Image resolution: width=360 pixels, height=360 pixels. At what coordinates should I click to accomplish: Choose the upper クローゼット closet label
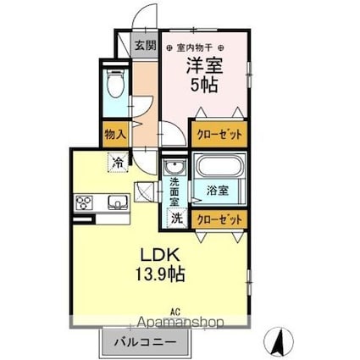pos(219,134)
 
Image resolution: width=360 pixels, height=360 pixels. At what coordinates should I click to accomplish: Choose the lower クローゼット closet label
pos(219,217)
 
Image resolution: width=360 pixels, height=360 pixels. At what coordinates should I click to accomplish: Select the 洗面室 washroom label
pos(174,191)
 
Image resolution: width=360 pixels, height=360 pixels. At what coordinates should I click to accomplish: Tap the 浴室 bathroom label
pos(218,191)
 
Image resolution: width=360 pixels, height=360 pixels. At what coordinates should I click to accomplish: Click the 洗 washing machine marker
pos(174,218)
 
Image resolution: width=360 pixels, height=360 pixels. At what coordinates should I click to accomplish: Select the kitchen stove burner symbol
pos(86,202)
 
